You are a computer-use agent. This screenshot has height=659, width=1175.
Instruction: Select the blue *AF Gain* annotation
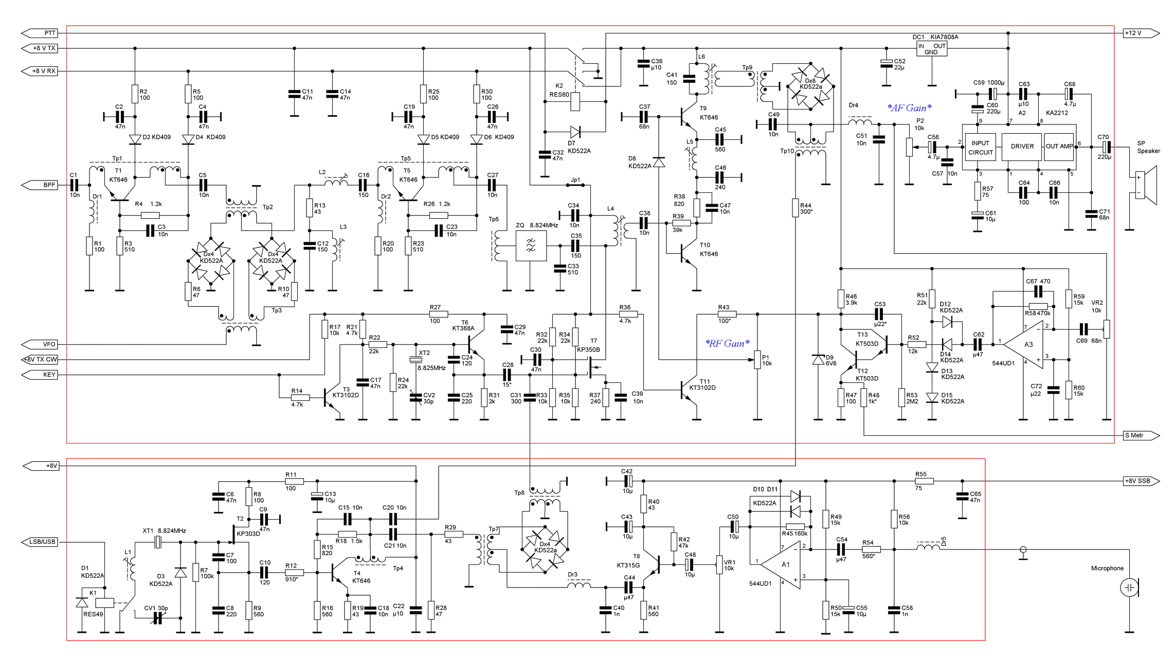(x=909, y=108)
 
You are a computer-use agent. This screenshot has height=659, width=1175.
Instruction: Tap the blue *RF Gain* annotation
(x=727, y=343)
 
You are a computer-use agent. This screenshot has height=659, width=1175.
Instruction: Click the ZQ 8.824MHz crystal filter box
(x=531, y=246)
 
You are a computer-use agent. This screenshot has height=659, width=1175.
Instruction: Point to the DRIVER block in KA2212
(x=1022, y=147)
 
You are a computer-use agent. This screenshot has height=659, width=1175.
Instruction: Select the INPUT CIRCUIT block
(x=980, y=148)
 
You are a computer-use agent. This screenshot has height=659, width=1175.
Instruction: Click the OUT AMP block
(x=1059, y=147)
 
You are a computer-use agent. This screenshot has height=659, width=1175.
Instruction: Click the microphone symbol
(x=1129, y=587)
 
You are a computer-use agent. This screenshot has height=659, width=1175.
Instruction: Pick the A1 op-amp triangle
(x=783, y=564)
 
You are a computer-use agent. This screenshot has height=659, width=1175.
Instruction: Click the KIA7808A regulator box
(x=931, y=49)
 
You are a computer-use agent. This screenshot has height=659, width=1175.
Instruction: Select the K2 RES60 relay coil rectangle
(x=575, y=101)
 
